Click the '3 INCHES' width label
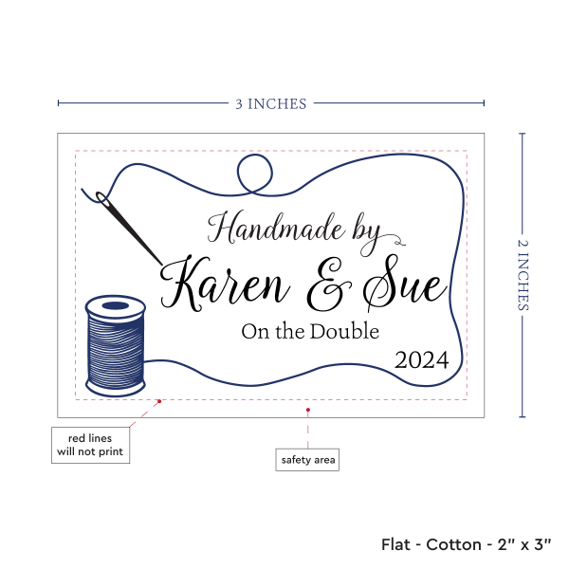[x=271, y=103]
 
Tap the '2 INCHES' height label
[x=524, y=275]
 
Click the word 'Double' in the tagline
[x=348, y=331]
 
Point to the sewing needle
[x=133, y=228]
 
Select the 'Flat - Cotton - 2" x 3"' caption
[x=467, y=544]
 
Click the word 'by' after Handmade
[x=364, y=229]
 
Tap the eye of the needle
[x=100, y=198]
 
